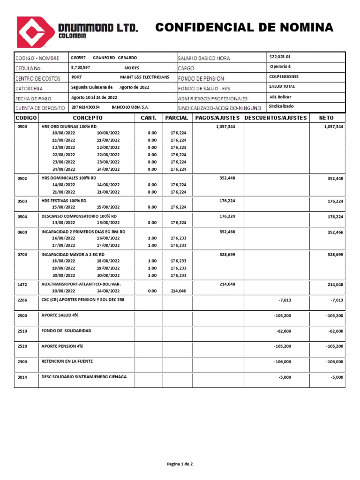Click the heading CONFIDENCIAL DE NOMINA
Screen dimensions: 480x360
(244, 28)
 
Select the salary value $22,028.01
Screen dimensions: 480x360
(280, 57)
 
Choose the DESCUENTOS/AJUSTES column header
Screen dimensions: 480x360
(276, 118)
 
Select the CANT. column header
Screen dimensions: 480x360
(148, 118)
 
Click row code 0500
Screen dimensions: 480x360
(22, 127)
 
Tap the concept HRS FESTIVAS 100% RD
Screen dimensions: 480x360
(64, 201)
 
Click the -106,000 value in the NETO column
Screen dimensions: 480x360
(334, 361)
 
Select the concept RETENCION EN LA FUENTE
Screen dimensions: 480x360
(67, 361)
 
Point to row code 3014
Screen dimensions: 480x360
(22, 377)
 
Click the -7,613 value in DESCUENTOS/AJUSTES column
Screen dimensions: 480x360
(285, 300)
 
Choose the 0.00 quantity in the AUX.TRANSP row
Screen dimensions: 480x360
(152, 291)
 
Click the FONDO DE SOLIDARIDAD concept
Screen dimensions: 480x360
(66, 330)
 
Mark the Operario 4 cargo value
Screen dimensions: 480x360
(281, 67)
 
